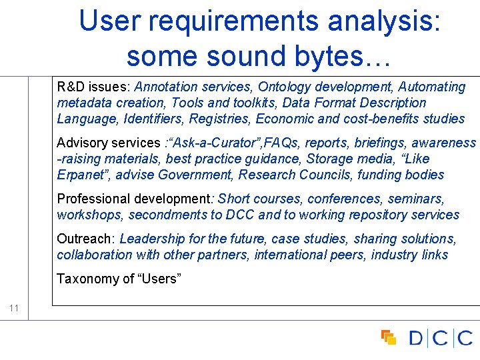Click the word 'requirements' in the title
coord(233,21)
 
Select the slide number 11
coord(13,308)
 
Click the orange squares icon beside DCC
coord(388,338)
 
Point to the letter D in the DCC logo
coord(415,339)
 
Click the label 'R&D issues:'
coord(93,87)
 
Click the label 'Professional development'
coord(133,199)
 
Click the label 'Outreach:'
coord(86,239)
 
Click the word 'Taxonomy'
coord(84,279)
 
